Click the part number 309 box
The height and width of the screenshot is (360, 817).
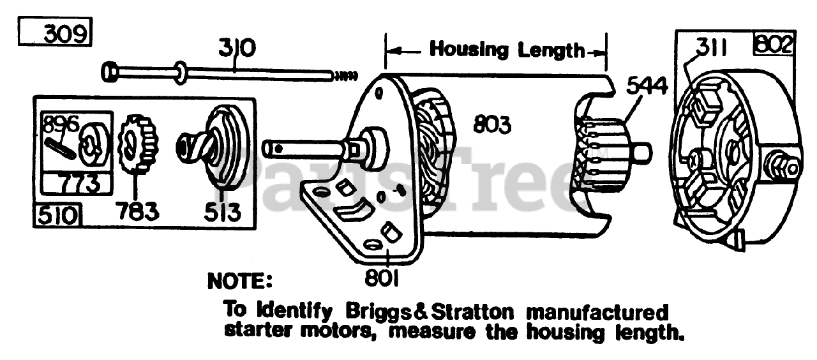[x=56, y=33]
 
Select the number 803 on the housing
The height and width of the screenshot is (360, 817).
[x=492, y=125]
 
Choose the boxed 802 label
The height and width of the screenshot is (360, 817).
[x=774, y=45]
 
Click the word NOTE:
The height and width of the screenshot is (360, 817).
[x=239, y=280]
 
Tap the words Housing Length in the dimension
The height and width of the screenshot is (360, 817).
[x=507, y=49]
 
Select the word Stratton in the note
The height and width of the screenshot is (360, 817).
[x=471, y=312]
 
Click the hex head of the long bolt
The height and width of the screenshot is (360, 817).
[x=109, y=70]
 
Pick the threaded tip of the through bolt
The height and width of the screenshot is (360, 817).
[x=344, y=76]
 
